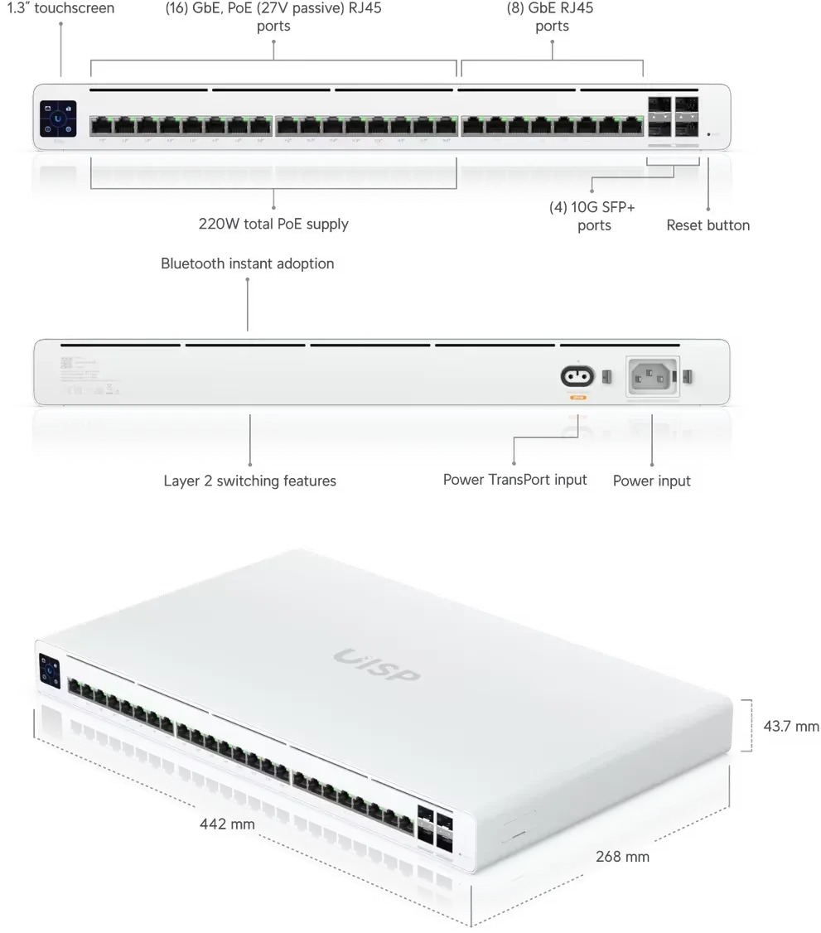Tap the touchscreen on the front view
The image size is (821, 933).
tap(57, 118)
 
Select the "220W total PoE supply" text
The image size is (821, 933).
tap(273, 224)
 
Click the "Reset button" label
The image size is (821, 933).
tap(708, 225)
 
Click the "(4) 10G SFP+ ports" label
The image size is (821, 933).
tap(593, 216)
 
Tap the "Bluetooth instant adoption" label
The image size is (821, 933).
tap(247, 264)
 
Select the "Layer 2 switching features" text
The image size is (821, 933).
tap(249, 481)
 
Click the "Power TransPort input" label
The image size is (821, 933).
tap(514, 480)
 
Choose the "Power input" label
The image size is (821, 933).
tap(651, 481)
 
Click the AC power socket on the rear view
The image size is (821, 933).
tap(651, 378)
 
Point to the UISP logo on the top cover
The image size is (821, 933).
tap(377, 665)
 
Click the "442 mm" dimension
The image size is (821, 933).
tap(227, 824)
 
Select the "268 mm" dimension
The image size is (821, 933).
tap(622, 857)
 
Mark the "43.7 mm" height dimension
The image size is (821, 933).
tap(790, 727)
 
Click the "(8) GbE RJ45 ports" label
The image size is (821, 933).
tap(552, 17)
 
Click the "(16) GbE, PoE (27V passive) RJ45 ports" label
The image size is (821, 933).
tap(273, 17)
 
